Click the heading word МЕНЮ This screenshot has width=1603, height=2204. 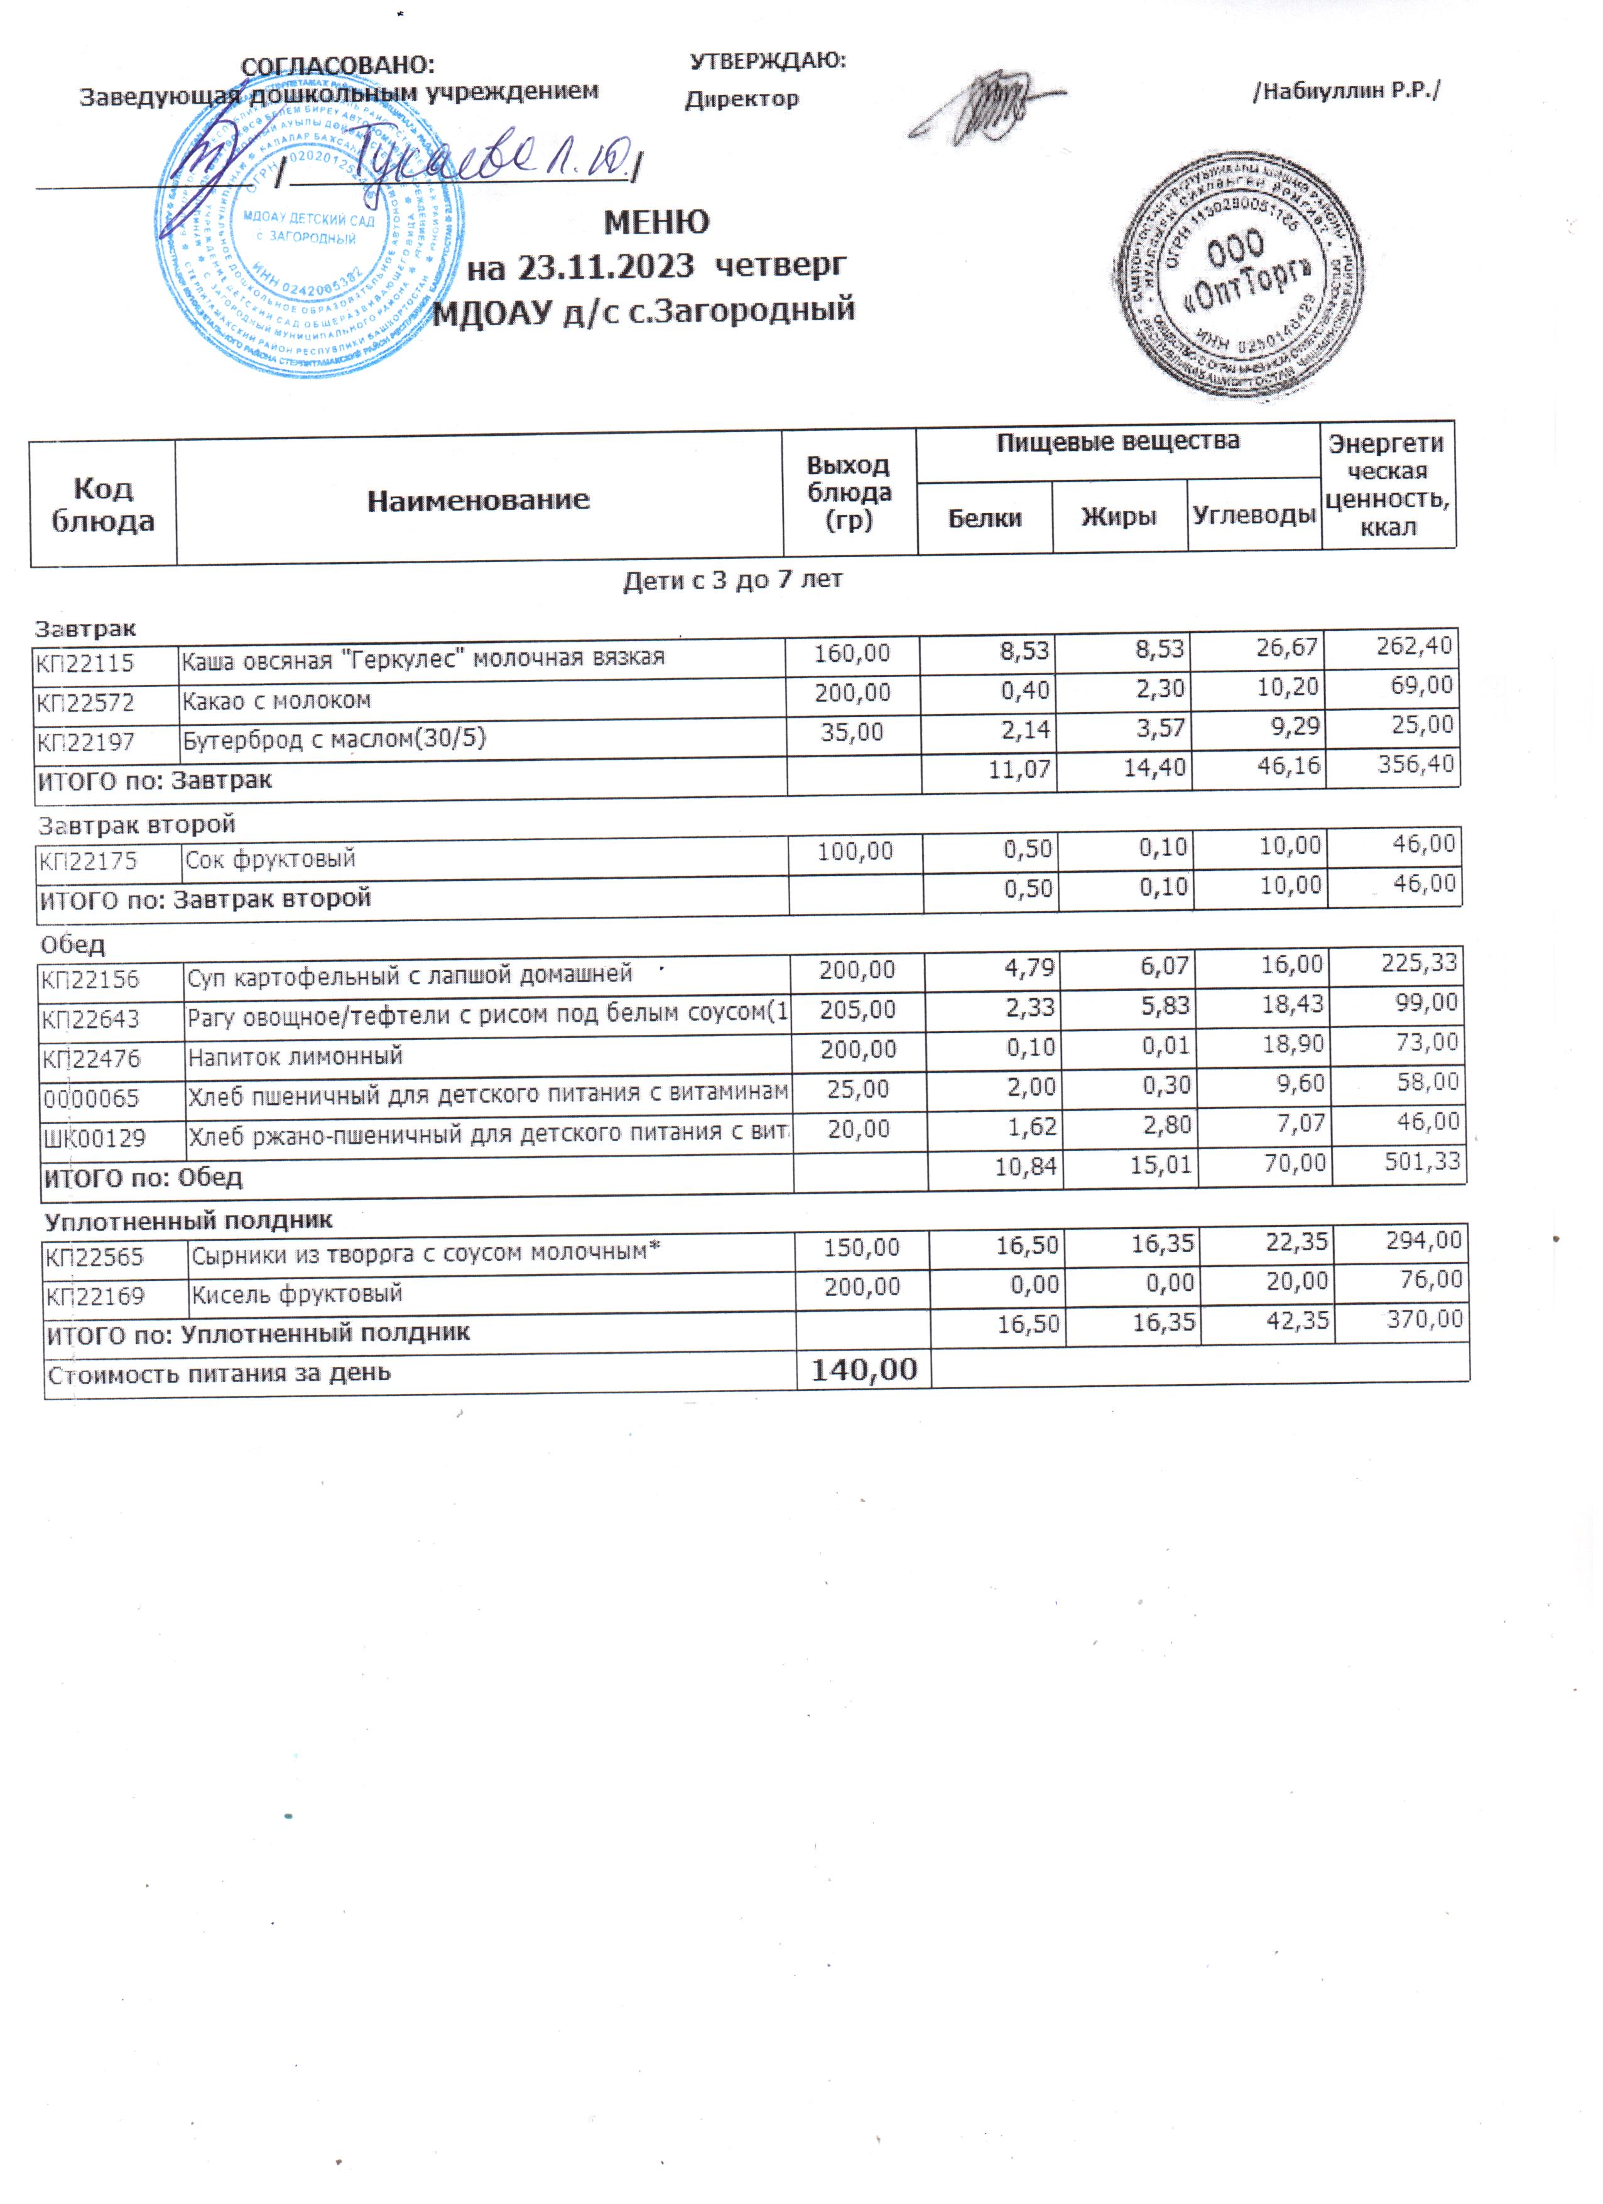656,222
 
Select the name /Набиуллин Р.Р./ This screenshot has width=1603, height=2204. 1346,91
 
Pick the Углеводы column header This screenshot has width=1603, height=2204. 1254,515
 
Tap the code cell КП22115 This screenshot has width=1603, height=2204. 85,664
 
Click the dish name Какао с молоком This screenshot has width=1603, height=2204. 276,701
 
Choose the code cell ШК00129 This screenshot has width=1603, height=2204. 94,1138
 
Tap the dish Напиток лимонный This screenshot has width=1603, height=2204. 295,1056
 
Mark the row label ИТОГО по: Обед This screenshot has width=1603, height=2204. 142,1178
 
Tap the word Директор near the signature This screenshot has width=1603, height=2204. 742,99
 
